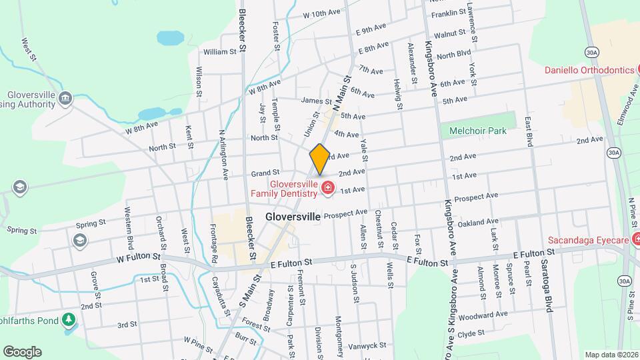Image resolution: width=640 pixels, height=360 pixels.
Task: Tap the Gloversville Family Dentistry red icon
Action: [x=327, y=189]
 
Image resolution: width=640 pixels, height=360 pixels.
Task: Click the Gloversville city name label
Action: [x=293, y=217]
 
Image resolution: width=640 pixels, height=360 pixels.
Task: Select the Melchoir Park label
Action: [x=477, y=131]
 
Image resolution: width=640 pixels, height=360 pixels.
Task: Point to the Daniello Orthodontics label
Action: [x=589, y=70]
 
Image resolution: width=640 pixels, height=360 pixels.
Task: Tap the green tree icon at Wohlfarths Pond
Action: [x=68, y=321]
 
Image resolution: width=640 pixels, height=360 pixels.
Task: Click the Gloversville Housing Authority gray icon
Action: [x=65, y=99]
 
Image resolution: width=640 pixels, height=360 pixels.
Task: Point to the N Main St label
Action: [x=341, y=94]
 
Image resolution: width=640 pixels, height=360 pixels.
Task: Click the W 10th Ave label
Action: [x=321, y=13]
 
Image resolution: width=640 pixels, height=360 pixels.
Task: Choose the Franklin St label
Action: [x=448, y=13]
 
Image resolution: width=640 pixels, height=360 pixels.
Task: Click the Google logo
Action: [x=22, y=352]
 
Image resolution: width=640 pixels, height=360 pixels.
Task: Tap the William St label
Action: [x=220, y=51]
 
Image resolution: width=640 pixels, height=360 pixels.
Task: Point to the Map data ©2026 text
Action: [x=611, y=355]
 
